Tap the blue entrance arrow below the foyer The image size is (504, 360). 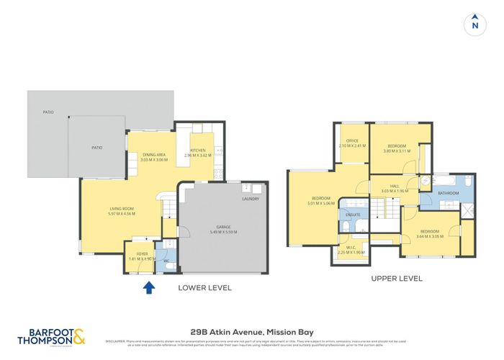[x=149, y=288]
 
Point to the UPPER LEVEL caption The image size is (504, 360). [x=396, y=278]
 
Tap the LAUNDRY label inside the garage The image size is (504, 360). [x=251, y=198]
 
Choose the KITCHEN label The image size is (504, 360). [x=198, y=150]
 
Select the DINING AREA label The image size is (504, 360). [x=154, y=154]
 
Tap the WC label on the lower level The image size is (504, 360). [x=166, y=260]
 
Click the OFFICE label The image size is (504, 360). [x=352, y=141]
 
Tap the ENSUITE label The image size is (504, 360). [x=353, y=215]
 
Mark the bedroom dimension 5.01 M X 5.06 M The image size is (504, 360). [x=320, y=202]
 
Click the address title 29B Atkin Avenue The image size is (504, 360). [x=251, y=331]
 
